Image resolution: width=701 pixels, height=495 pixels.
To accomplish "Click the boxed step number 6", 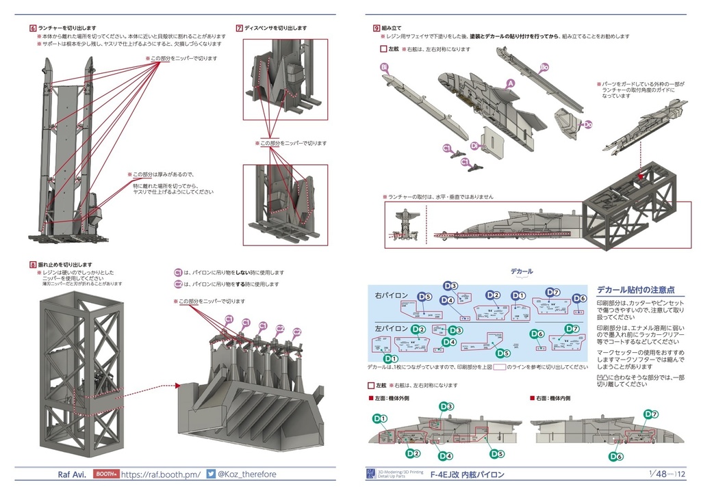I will coord(33,28).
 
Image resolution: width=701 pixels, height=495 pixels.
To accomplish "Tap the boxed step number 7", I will coord(239,28).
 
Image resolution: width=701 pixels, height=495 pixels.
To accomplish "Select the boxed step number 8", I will coord(33,265).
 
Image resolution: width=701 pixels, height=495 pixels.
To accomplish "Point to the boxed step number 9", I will coord(377,28).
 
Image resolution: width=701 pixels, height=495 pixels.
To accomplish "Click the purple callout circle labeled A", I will coord(509,83).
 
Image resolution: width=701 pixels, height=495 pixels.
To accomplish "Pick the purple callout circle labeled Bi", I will coord(384,67).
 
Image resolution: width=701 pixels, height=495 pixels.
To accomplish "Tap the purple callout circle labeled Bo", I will coord(544,67).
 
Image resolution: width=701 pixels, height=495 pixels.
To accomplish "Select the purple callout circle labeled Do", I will coord(587,124).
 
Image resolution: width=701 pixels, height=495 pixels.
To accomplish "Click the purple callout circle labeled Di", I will coord(474,146).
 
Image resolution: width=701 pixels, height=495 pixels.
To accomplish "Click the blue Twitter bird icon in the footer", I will coord(211,474).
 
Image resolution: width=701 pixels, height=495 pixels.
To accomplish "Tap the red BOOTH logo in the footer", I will coord(106,474).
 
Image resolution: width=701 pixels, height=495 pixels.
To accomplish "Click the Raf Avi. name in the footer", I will coord(71,474).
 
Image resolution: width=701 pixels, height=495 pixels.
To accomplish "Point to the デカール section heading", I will coord(522,271).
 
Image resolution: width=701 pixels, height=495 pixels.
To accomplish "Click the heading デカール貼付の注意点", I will coord(635,290).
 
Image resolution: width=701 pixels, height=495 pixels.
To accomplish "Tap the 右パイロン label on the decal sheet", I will coord(392,295).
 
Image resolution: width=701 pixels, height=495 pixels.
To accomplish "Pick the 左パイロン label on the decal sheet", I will coord(392,328).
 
